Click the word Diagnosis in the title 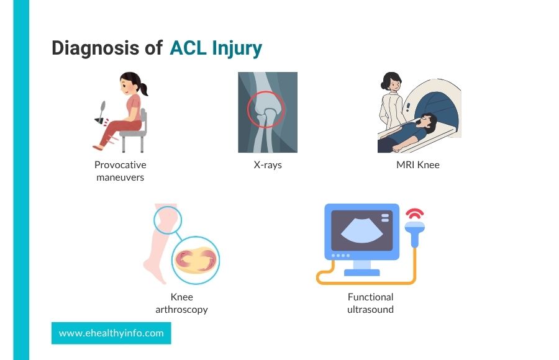click(x=95, y=48)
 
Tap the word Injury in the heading click(x=237, y=49)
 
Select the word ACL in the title click(x=188, y=48)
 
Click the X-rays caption click(x=268, y=164)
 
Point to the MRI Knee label click(x=418, y=164)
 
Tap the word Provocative click(x=120, y=164)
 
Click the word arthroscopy click(x=181, y=309)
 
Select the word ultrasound click(x=370, y=309)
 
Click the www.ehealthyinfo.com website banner click(x=111, y=333)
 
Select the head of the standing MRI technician click(x=391, y=82)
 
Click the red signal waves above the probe click(x=415, y=214)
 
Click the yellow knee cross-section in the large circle click(x=196, y=260)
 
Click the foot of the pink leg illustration click(x=155, y=271)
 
